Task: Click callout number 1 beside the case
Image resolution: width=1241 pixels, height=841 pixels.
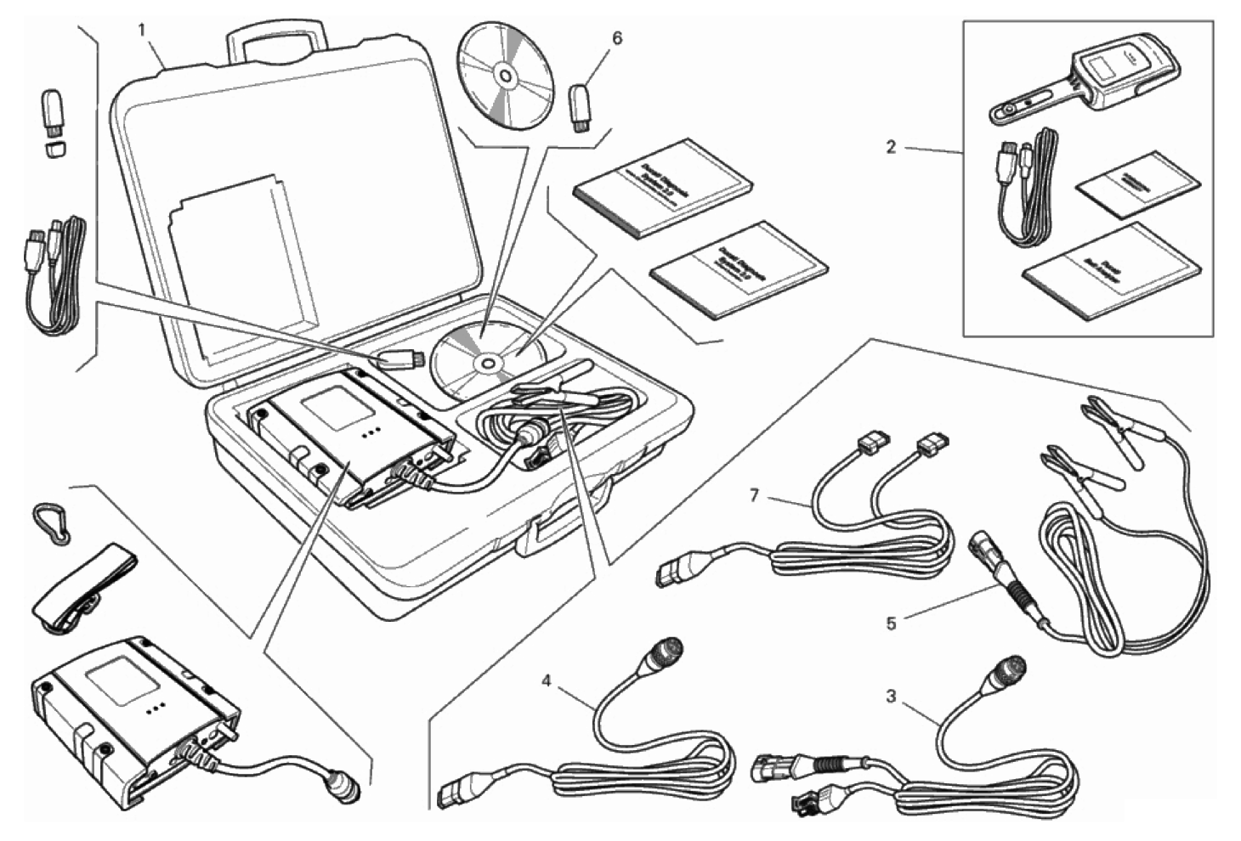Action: [x=142, y=30]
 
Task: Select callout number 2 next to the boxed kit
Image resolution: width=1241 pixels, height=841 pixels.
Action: [x=891, y=147]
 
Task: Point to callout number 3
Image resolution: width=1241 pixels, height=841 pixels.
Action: [x=891, y=697]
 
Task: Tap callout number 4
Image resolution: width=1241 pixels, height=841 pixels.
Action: [x=547, y=680]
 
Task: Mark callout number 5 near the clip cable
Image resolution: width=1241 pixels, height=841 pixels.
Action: [x=891, y=624]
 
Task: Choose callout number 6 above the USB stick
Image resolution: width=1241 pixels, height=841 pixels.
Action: [x=617, y=38]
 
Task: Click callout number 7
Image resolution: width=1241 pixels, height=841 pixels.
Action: [x=754, y=494]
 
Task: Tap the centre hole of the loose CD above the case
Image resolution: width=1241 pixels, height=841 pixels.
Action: [x=505, y=77]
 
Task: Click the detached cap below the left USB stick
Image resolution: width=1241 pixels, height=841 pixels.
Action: [x=55, y=150]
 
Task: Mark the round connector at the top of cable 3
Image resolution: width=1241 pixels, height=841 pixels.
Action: [x=1005, y=674]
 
